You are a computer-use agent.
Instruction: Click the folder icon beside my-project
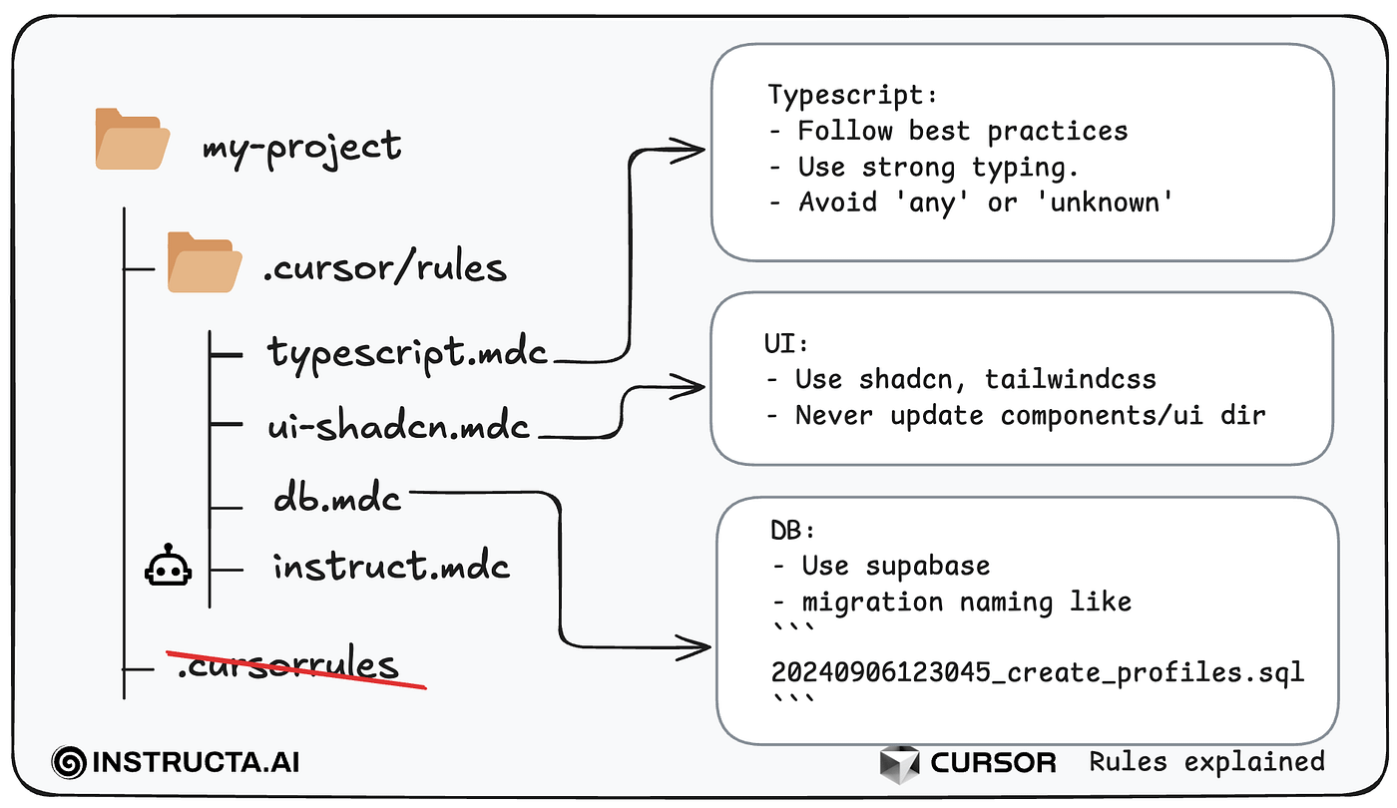[x=132, y=139]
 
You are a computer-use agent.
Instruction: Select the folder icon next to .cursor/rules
[x=205, y=261]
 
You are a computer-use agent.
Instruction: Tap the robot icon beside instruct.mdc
[x=168, y=565]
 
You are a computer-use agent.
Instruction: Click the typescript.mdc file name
[x=407, y=353]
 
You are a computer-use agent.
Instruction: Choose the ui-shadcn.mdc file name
[x=398, y=425]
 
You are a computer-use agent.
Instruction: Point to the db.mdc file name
[x=337, y=498]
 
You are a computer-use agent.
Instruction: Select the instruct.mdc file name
[x=391, y=566]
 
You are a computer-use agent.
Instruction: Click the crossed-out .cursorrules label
[x=288, y=664]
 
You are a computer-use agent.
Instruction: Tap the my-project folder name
[x=301, y=148]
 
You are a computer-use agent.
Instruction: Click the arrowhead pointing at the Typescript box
[x=688, y=151]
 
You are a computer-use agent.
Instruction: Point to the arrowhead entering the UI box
[x=688, y=387]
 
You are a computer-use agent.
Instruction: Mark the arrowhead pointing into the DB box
[x=694, y=647]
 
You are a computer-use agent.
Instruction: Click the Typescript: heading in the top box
[x=852, y=95]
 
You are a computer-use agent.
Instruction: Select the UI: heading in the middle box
[x=786, y=343]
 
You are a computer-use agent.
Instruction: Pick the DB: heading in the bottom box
[x=792, y=530]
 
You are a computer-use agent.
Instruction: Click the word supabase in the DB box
[x=927, y=567]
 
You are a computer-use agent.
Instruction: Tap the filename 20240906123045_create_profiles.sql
[x=1038, y=672]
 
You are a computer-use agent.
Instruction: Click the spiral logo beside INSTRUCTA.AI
[x=69, y=762]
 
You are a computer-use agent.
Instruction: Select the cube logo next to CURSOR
[x=899, y=763]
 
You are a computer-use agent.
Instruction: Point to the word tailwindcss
[x=1070, y=379]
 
